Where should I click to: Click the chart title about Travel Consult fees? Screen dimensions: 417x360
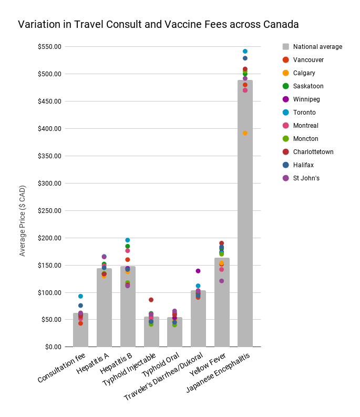tap(158, 24)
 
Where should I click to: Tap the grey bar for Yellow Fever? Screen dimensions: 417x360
tap(221, 305)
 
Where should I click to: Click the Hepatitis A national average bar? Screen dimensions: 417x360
tap(104, 310)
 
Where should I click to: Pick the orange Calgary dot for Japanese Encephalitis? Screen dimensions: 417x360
tap(245, 133)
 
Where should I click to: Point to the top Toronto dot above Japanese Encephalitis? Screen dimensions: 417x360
tap(245, 52)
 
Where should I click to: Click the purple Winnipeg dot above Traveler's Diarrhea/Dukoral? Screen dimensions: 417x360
tap(198, 271)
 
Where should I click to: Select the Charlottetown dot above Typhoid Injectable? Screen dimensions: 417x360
tap(151, 300)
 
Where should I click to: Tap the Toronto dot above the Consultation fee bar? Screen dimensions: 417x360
tap(80, 296)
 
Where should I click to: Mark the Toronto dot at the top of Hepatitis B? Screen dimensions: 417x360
tap(127, 240)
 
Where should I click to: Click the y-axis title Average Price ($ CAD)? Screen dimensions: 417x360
tap(22, 221)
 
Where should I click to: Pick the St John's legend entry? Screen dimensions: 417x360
tap(306, 178)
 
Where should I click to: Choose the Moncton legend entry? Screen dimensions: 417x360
tap(305, 139)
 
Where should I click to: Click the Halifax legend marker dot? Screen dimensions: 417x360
tap(285, 165)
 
